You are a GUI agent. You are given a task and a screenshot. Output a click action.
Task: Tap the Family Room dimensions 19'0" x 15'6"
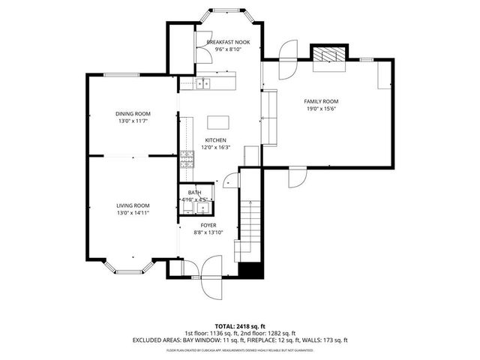321,109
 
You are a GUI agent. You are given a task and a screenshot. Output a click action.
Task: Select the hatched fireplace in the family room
328,55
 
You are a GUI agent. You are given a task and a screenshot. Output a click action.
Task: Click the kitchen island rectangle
217,121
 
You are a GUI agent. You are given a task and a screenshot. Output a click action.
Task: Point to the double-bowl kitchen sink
202,83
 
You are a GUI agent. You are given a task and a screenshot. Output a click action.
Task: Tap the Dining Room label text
133,114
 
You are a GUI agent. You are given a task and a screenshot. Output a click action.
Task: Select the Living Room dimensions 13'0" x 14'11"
133,213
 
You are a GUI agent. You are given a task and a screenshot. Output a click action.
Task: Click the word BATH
194,193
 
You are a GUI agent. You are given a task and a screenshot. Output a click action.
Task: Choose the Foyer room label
208,225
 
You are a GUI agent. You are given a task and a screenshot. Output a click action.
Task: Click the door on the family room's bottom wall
297,178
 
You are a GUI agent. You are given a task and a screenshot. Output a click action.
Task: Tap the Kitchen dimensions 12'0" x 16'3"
216,148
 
